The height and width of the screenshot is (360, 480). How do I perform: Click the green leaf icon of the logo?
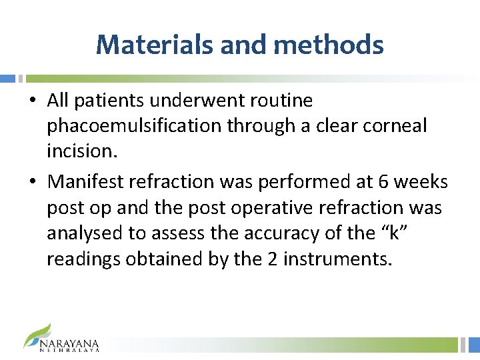(38, 333)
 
